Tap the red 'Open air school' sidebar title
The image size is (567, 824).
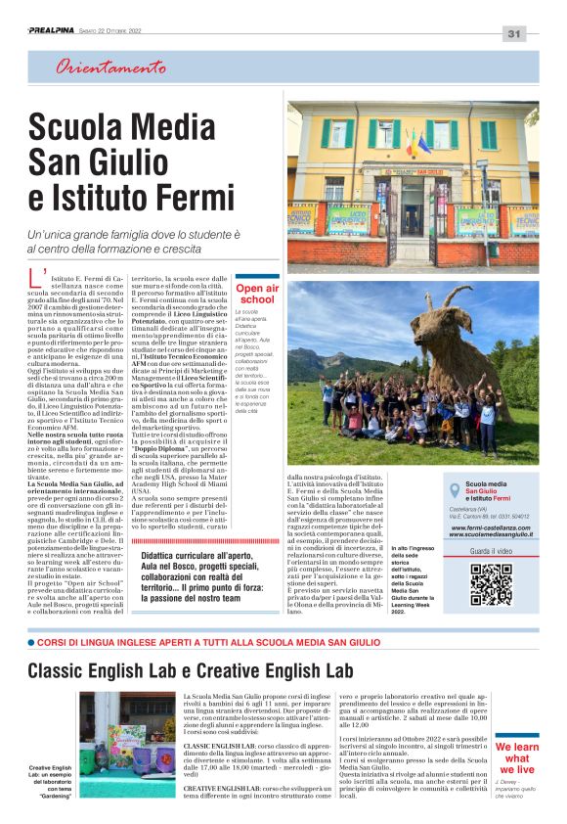tap(257, 295)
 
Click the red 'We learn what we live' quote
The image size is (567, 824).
tap(517, 757)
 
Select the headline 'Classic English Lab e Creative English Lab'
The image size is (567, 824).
tap(191, 670)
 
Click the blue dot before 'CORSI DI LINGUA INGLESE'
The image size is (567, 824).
tap(31, 643)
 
